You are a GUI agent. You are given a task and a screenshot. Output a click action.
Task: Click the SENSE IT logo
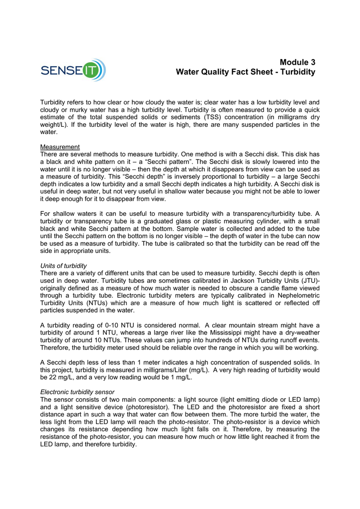73,70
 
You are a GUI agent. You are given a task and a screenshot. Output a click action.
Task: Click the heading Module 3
297,62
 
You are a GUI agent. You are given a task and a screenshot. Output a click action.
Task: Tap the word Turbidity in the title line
297,72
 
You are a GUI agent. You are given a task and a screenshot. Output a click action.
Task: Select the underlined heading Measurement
60,147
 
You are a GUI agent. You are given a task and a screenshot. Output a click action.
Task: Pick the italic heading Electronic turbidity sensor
77,392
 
